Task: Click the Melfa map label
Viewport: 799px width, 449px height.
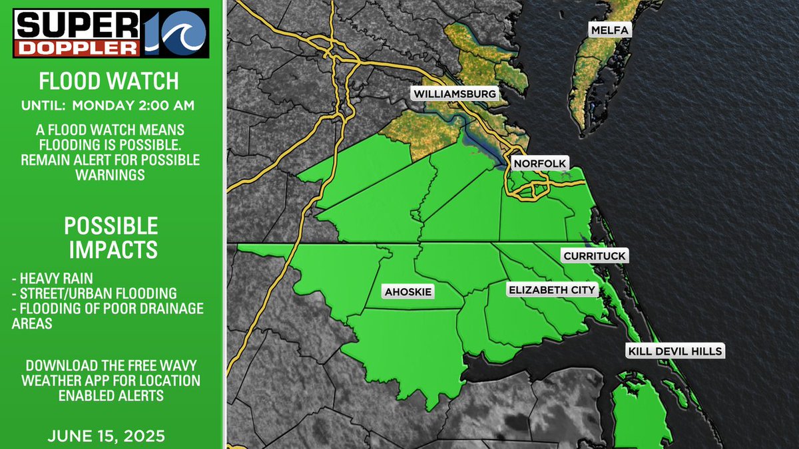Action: pyautogui.click(x=609, y=31)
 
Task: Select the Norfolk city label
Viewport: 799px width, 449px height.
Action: pyautogui.click(x=539, y=163)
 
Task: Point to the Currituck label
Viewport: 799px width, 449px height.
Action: pyautogui.click(x=595, y=256)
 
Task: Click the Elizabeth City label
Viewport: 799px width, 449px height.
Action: pyautogui.click(x=552, y=290)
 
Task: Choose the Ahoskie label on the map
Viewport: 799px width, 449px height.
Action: pyautogui.click(x=408, y=291)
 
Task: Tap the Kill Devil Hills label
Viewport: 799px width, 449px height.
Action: pyautogui.click(x=674, y=351)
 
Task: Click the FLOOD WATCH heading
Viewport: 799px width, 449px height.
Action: pyautogui.click(x=109, y=81)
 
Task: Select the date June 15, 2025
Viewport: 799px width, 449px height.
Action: pyautogui.click(x=107, y=437)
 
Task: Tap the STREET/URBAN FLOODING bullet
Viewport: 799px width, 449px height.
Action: pyautogui.click(x=94, y=293)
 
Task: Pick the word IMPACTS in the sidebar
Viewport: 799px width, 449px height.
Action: pyautogui.click(x=111, y=249)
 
